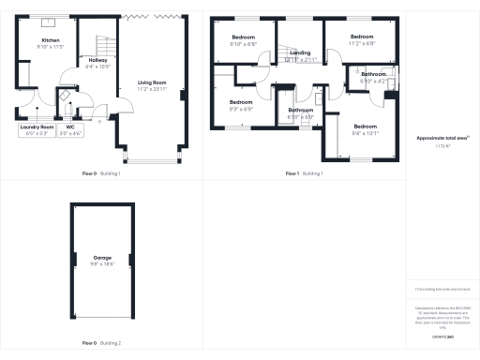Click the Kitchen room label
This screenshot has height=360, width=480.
pos(50,43)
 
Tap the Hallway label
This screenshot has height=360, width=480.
pos(97,65)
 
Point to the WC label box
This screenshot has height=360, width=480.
pos(71,129)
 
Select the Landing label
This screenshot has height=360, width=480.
pos(301,56)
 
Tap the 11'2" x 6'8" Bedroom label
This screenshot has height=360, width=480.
pos(361,40)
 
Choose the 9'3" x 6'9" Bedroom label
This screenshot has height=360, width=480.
pos(240,104)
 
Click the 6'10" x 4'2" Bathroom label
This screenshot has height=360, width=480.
pos(373,77)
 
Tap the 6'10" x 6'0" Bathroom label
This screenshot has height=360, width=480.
pos(301,112)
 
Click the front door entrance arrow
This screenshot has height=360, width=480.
pos(99,120)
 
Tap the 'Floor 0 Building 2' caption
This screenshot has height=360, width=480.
pos(101,344)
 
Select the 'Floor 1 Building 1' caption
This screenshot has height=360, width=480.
pos(304,173)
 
